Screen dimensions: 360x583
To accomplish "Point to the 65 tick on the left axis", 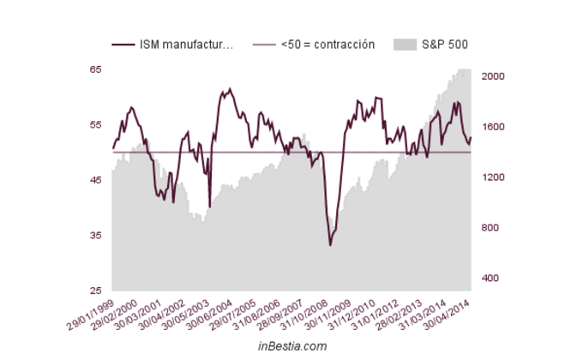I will tap(96, 69).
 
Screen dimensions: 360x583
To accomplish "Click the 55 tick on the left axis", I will tap(96, 125).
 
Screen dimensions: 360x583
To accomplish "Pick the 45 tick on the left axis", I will tap(96, 180).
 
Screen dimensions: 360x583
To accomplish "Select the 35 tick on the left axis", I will tap(96, 236).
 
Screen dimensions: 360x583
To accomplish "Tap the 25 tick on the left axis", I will tap(96, 291).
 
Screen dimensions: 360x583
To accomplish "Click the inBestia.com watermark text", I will tap(292, 346).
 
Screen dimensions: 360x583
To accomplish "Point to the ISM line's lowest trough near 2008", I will tap(330, 245).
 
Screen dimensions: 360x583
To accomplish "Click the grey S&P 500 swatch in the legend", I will tap(403, 45).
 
